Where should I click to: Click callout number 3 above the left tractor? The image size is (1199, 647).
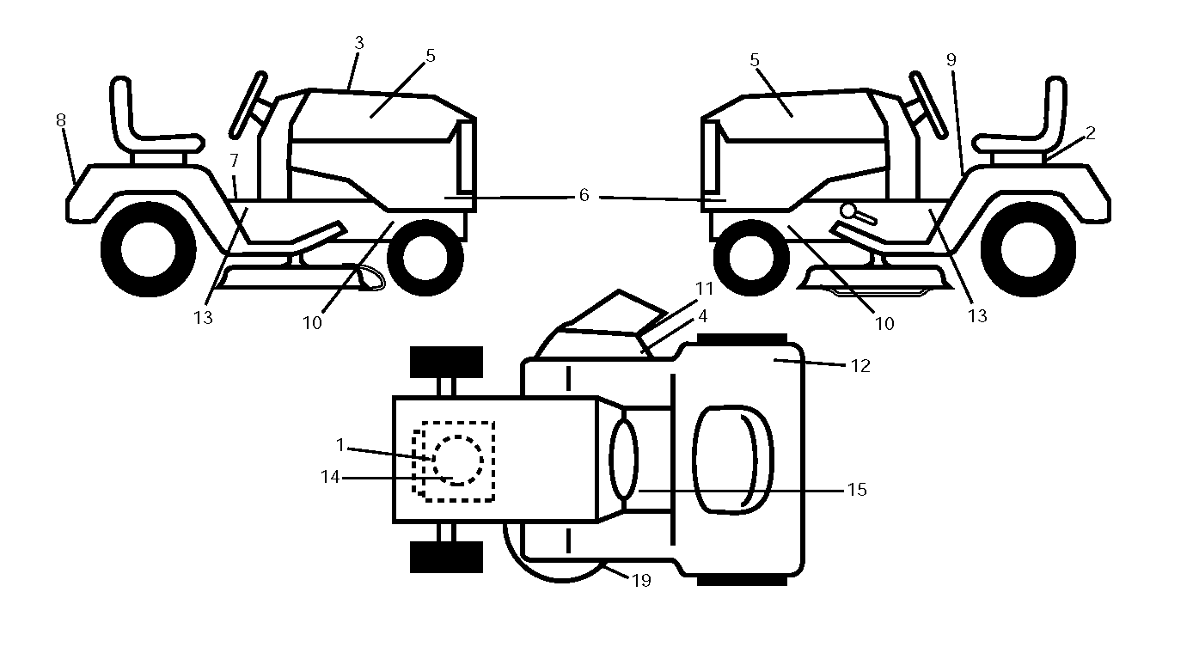tap(359, 43)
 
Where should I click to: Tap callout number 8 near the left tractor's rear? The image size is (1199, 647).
tap(61, 120)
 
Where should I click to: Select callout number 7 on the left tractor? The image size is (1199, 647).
tap(234, 161)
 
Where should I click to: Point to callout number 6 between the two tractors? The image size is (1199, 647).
tap(584, 195)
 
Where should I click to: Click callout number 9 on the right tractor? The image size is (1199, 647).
tap(951, 60)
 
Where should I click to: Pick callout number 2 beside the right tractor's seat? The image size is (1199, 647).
tap(1091, 133)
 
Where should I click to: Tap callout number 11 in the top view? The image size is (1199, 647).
tap(705, 289)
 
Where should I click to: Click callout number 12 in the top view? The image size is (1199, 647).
tap(860, 366)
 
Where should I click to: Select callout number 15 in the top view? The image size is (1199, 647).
tap(857, 490)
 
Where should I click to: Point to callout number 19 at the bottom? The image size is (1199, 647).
tap(641, 581)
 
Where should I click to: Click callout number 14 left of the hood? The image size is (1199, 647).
tap(330, 477)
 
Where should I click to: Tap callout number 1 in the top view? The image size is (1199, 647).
tap(340, 445)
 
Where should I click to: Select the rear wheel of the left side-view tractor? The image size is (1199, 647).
tap(149, 249)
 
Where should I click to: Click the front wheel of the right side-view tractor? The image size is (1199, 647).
tap(751, 258)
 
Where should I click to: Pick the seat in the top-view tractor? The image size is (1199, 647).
tap(733, 461)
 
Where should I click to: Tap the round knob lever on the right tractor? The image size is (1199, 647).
tap(858, 214)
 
